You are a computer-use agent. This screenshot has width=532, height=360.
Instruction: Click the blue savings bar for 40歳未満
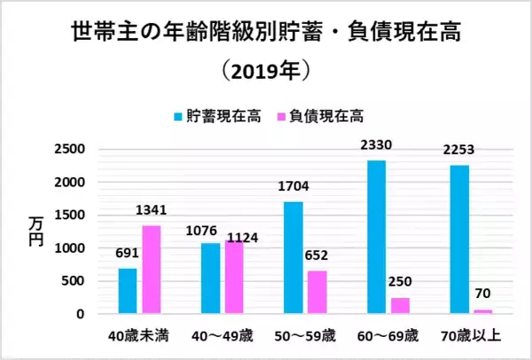pos(129,291)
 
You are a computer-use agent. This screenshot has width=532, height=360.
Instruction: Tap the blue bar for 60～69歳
pos(377,237)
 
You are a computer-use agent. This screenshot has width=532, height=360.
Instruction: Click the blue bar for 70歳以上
pos(460,239)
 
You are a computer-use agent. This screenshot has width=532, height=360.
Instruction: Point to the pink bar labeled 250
pos(401,305)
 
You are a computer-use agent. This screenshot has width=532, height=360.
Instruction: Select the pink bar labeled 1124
pos(235,277)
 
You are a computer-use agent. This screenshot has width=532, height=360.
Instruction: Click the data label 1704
pos(293,187)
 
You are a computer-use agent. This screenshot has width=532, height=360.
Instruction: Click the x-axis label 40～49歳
pos(222,336)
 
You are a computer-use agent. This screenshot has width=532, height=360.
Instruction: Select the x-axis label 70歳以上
pos(471,336)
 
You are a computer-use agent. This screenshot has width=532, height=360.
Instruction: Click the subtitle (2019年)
pos(266,69)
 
